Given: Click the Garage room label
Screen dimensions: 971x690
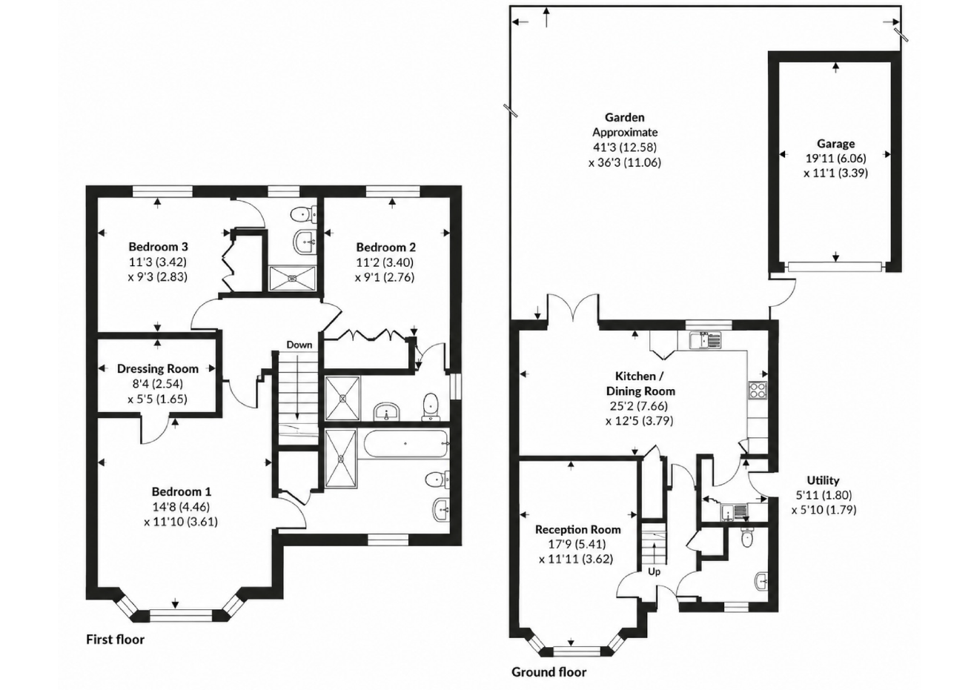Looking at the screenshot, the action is [x=835, y=144].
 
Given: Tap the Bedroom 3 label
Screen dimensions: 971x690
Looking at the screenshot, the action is [x=158, y=247].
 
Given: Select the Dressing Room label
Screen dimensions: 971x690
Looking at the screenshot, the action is [x=158, y=369].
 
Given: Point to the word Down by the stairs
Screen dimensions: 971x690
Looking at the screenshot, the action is [x=299, y=345].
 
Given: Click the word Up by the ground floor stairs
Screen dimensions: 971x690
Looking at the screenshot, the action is [x=654, y=572].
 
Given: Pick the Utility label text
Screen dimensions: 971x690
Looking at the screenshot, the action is [x=823, y=480].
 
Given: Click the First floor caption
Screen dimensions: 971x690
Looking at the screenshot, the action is [x=116, y=640].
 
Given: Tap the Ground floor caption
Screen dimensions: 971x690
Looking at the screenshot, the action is [x=549, y=672].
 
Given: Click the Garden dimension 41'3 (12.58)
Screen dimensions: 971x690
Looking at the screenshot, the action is [x=625, y=147].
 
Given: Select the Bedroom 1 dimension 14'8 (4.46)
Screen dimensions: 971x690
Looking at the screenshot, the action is [x=181, y=507].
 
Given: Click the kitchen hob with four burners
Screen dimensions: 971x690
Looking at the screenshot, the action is [x=758, y=390].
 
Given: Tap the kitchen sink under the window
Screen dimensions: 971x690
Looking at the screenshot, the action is [x=706, y=340].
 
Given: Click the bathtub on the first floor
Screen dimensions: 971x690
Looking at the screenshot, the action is [x=405, y=443].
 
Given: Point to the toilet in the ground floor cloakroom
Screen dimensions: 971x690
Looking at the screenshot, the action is [x=747, y=538].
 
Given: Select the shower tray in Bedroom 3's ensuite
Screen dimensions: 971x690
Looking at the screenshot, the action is [x=292, y=278].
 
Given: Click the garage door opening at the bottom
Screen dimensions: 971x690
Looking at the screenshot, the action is [x=835, y=267].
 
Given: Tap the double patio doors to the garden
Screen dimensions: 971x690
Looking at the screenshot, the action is [x=573, y=308].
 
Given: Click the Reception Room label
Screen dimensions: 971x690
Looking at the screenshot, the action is [x=578, y=530].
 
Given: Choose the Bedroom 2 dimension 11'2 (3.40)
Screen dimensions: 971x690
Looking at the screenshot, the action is [x=385, y=262].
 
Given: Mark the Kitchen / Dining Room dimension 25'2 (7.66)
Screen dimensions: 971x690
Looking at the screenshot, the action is [x=639, y=406].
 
